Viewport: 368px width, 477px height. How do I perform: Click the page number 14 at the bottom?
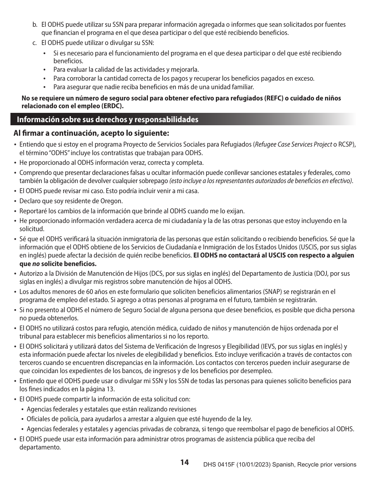(184, 462)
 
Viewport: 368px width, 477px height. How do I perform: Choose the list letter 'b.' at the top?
(35, 25)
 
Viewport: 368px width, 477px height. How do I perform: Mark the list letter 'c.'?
(35, 43)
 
